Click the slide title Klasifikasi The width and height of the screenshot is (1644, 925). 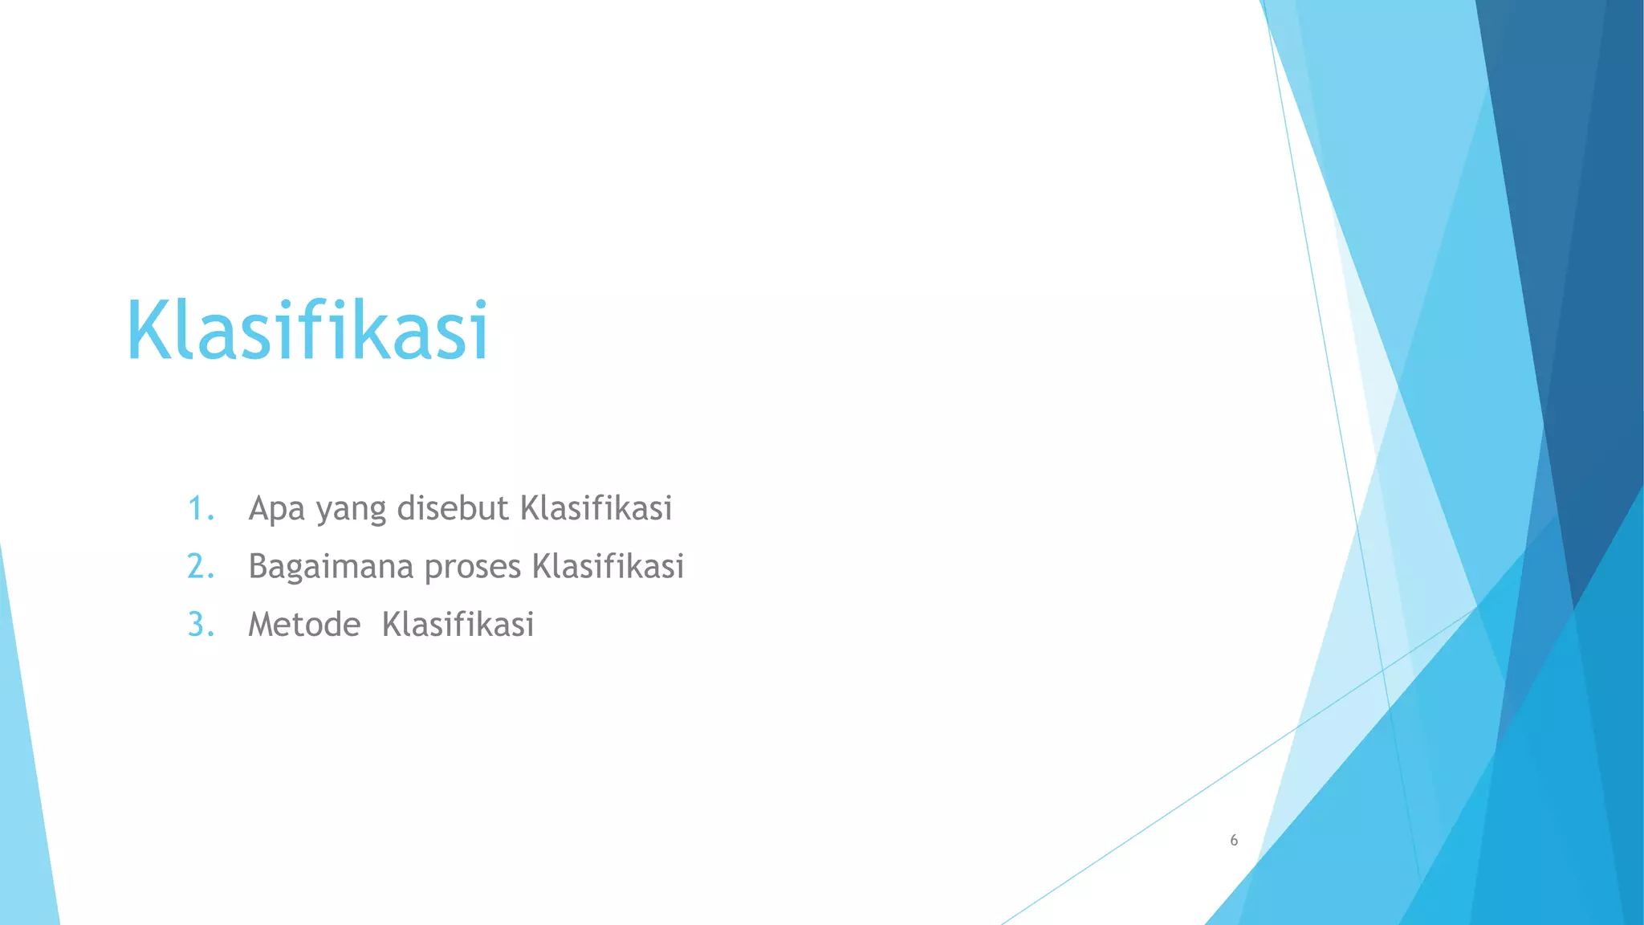[x=307, y=330]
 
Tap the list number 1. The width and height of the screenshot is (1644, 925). [x=201, y=509]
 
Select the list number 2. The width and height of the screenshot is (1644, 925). [x=201, y=567]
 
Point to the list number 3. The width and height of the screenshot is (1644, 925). [x=201, y=625]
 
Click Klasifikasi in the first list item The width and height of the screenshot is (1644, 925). [x=596, y=508]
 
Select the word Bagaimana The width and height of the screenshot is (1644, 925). [x=331, y=568]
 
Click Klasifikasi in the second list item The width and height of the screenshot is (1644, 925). [x=608, y=566]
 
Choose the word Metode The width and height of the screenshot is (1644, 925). [x=304, y=625]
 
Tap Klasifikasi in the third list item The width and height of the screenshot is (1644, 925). [x=458, y=624]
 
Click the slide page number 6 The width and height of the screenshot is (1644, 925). [x=1234, y=841]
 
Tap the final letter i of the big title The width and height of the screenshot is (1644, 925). [x=482, y=330]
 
